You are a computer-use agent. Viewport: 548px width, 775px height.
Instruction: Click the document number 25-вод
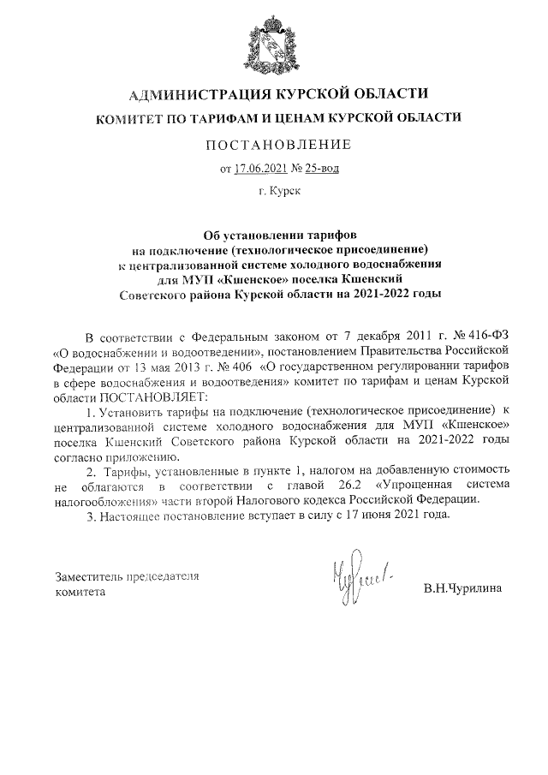point(322,168)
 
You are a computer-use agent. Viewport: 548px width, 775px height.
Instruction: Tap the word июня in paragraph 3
point(372,517)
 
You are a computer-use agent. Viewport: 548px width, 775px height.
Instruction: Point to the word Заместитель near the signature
point(90,576)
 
